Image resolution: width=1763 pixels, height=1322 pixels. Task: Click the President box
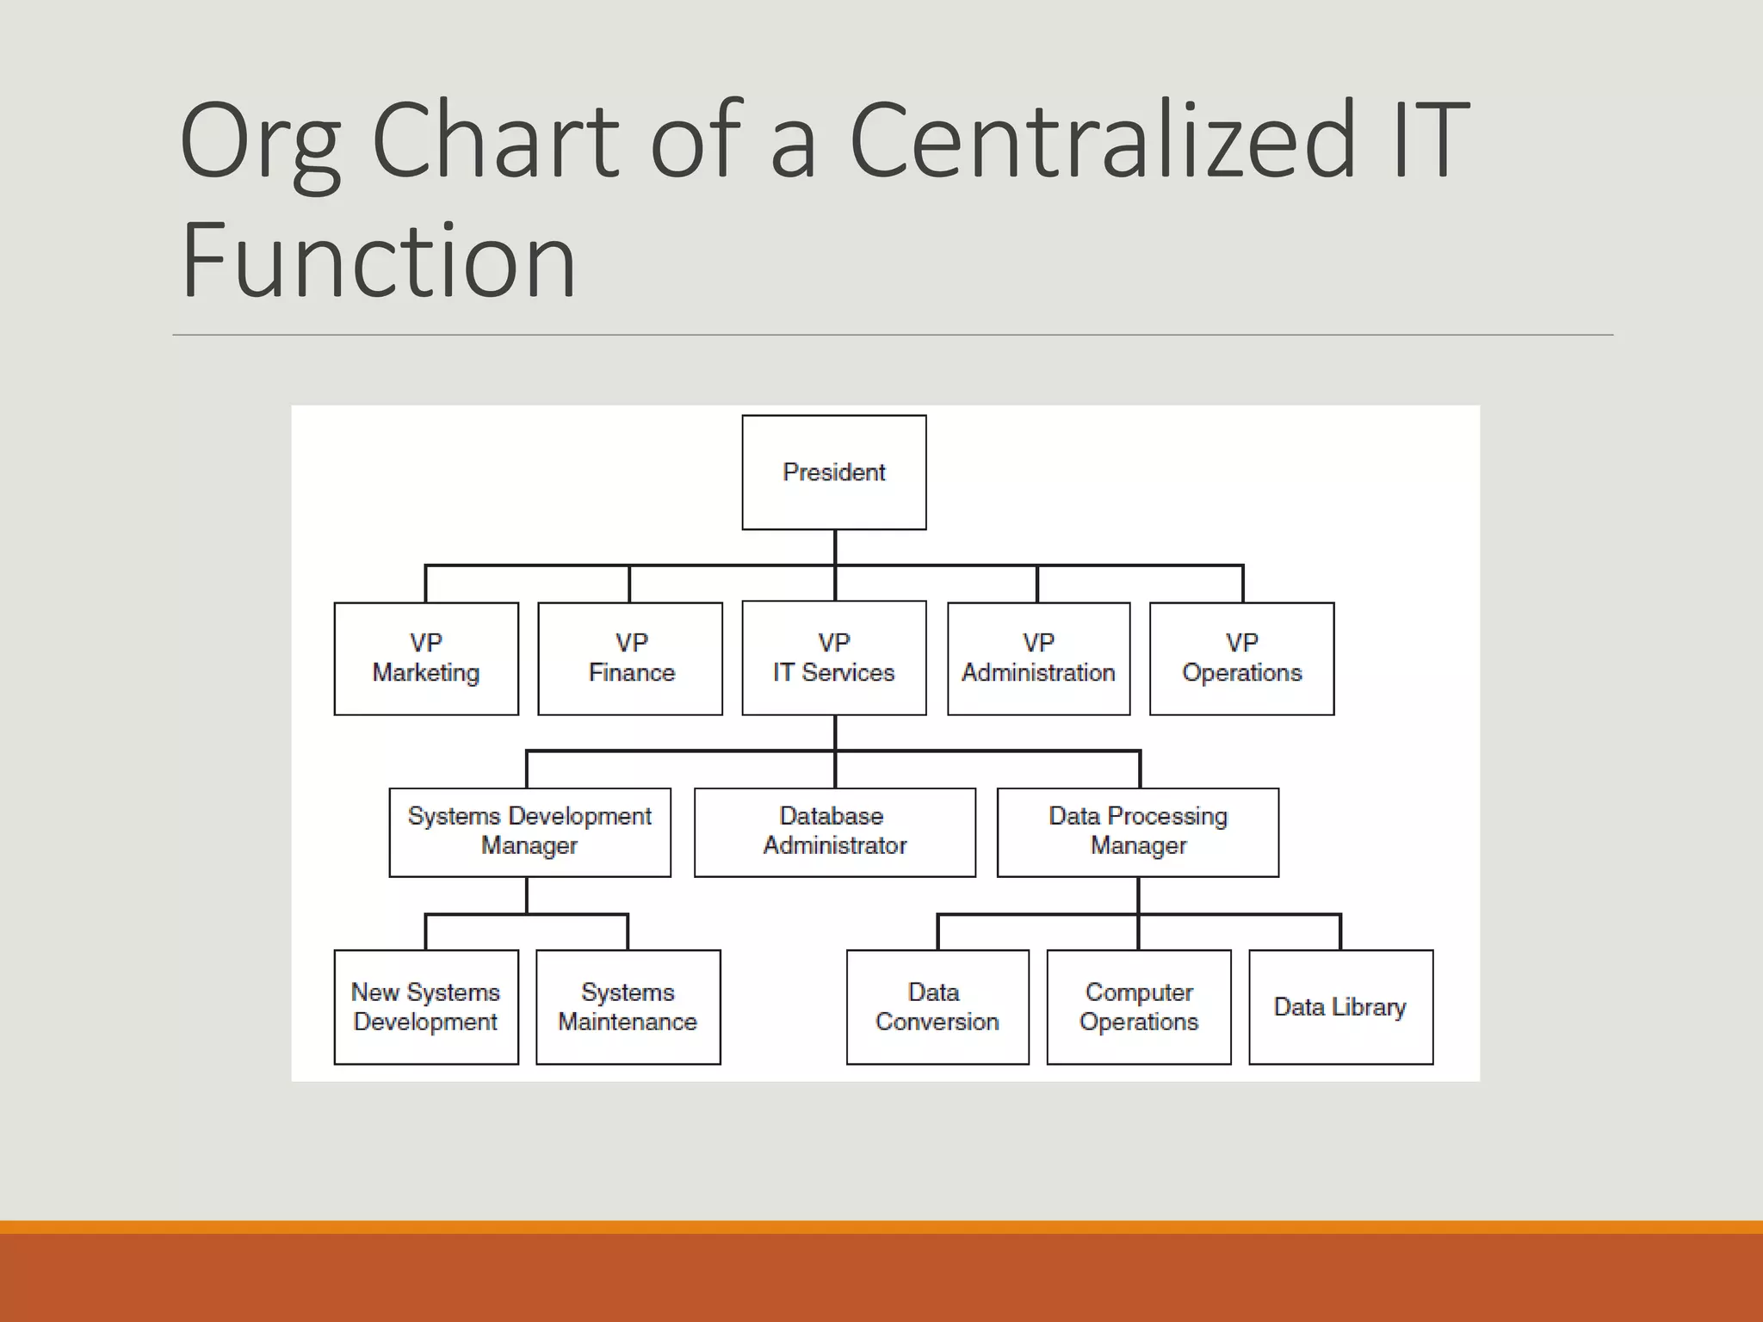[834, 473]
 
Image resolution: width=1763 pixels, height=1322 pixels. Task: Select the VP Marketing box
[426, 658]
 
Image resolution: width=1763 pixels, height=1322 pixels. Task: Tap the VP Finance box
[630, 658]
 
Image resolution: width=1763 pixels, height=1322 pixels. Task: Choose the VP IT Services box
[834, 658]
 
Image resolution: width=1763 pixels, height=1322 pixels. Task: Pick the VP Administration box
[1038, 658]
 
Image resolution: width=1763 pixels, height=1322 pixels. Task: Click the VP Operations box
[1241, 658]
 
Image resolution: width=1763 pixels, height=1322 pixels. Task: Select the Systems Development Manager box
[529, 832]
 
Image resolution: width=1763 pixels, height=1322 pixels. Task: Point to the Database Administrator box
[834, 832]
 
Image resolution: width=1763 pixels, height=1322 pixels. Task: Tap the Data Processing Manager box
[1137, 832]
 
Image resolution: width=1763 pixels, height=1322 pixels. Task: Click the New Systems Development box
[426, 1007]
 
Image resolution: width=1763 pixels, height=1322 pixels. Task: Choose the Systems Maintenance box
[628, 1007]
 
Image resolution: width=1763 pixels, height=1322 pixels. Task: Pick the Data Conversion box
[937, 1007]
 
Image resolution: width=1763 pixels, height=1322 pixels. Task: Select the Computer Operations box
[1138, 1007]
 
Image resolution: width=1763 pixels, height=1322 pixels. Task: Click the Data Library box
[1340, 1007]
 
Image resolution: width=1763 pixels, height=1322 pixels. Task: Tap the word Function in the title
[378, 261]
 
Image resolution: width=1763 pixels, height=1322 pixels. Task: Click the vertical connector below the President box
[835, 547]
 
